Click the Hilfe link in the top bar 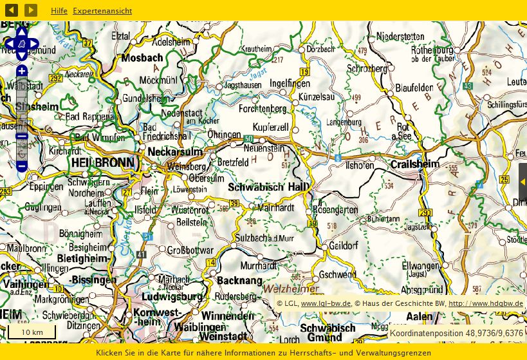pyautogui.click(x=59, y=11)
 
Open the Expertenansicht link pyautogui.click(x=102, y=11)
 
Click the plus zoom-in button pyautogui.click(x=22, y=71)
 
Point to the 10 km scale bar pyautogui.click(x=32, y=332)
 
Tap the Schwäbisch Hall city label pyautogui.click(x=268, y=187)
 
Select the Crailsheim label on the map pyautogui.click(x=415, y=164)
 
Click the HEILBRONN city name pyautogui.click(x=104, y=162)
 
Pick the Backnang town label pyautogui.click(x=240, y=281)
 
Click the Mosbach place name pyautogui.click(x=142, y=57)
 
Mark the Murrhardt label pyautogui.click(x=258, y=265)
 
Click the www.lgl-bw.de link pyautogui.click(x=326, y=303)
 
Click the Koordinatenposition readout pyautogui.click(x=456, y=333)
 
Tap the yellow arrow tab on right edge pyautogui.click(x=522, y=182)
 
